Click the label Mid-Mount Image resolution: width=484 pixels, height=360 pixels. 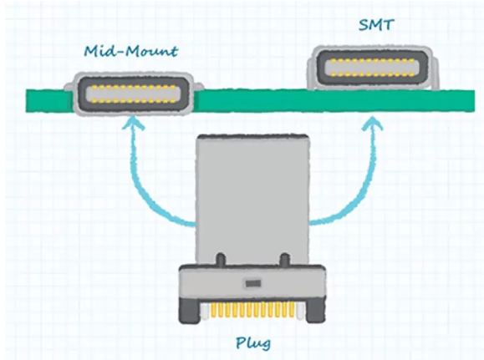(x=131, y=52)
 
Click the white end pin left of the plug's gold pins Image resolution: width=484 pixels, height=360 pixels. (x=203, y=311)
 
